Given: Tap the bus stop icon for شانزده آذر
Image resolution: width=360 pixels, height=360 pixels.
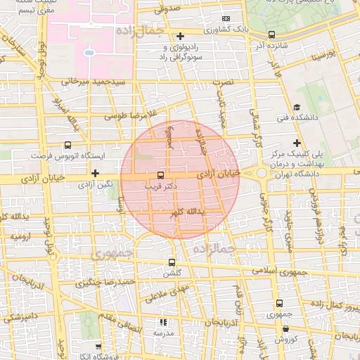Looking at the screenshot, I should tap(271, 34).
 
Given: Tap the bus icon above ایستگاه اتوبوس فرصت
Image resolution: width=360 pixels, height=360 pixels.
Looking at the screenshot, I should tap(67, 144).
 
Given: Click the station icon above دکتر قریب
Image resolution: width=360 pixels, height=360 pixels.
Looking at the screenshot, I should tap(160, 175).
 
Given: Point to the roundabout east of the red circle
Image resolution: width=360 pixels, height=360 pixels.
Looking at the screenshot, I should tap(262, 173).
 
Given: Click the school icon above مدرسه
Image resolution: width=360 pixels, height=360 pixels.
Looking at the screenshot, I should tap(164, 322).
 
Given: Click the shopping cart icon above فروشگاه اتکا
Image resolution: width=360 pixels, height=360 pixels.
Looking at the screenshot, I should tap(98, 347).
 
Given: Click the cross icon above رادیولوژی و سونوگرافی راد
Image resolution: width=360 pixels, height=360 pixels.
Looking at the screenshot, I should tap(181, 36).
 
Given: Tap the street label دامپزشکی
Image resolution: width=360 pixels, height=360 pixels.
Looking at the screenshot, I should tap(18, 318).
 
